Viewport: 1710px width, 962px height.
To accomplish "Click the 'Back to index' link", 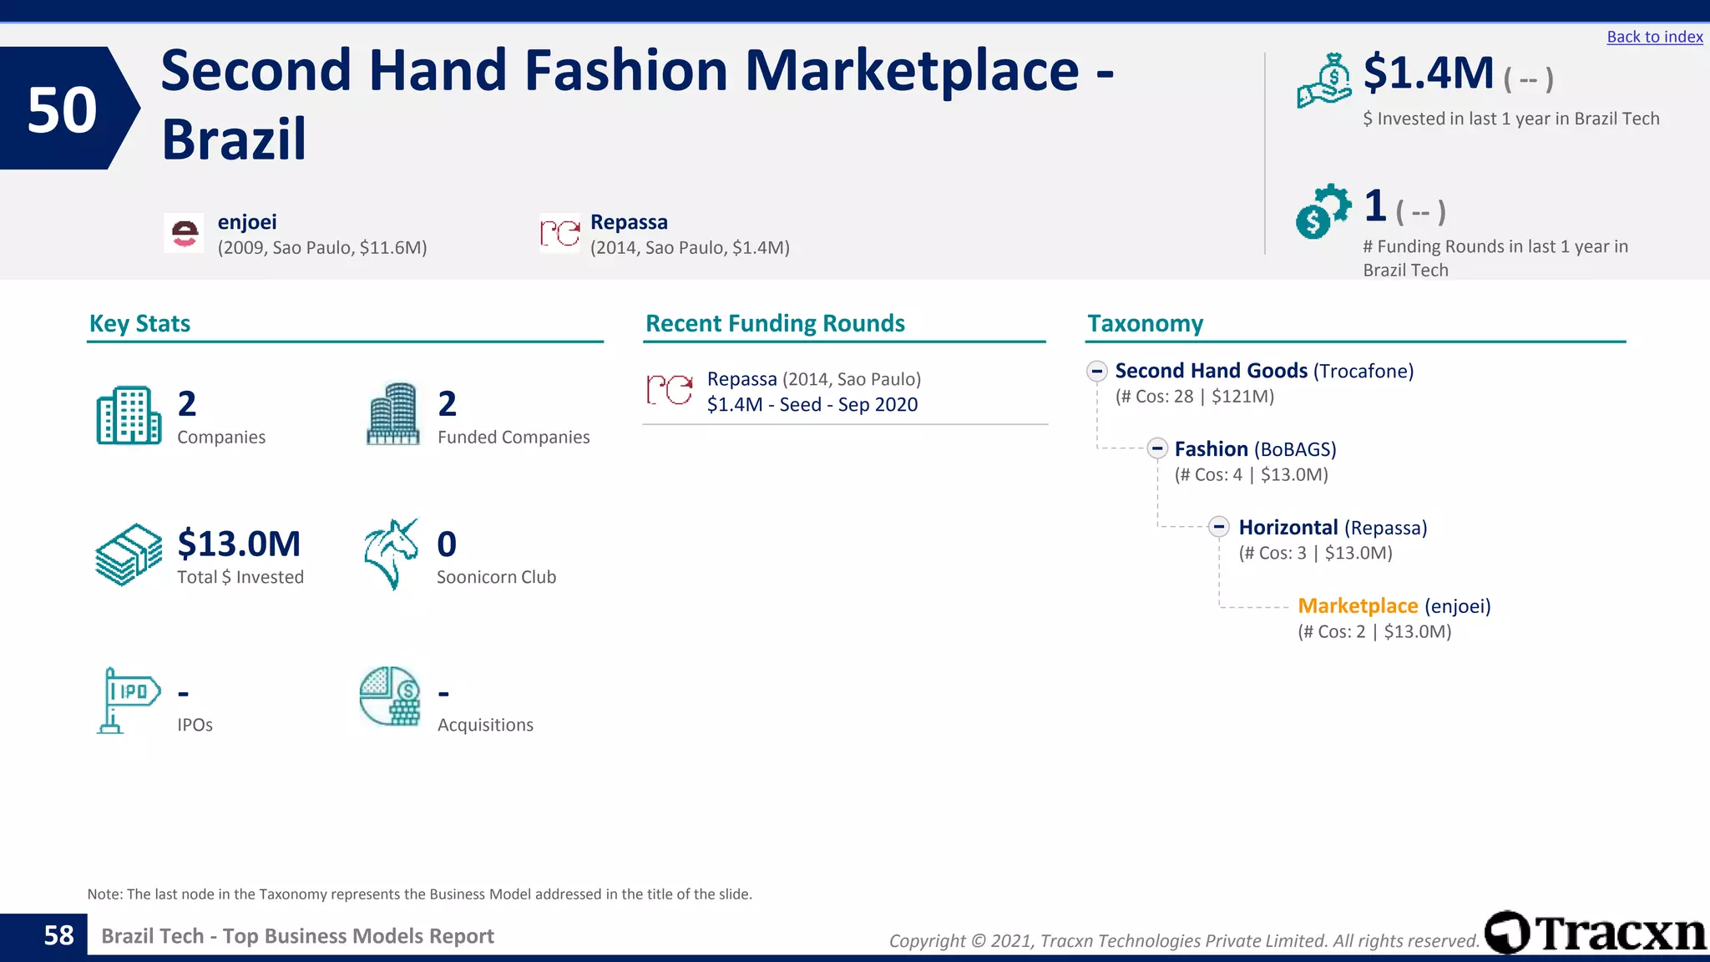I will [x=1654, y=37].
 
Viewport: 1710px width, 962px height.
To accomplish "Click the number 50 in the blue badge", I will [x=62, y=109].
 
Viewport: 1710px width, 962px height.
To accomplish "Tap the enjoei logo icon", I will [x=184, y=233].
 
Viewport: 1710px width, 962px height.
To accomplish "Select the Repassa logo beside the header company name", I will [x=559, y=233].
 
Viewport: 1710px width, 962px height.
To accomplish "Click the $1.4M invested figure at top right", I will [x=1428, y=73].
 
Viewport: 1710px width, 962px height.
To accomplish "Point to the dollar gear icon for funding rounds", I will [x=1322, y=211].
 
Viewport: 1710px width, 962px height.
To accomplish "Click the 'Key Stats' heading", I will [x=139, y=323].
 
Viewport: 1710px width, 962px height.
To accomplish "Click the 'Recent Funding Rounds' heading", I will [x=775, y=323].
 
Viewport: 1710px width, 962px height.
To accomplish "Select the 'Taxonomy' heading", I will [x=1145, y=323].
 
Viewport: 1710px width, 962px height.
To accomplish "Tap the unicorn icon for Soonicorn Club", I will [x=391, y=554].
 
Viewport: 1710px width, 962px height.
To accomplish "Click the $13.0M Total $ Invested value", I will [x=239, y=544].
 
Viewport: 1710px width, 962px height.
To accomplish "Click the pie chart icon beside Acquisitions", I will [x=390, y=696].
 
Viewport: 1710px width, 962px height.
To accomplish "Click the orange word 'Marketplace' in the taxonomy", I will [x=1358, y=605].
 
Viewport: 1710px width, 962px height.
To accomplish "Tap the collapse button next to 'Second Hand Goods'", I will [x=1097, y=371].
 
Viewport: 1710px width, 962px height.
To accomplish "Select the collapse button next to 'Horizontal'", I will [x=1219, y=527].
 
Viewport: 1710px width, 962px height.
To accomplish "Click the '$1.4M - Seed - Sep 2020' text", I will [x=812, y=405].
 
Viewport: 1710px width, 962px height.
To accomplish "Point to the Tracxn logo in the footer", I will [x=1596, y=933].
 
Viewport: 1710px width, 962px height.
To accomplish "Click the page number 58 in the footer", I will [x=58, y=935].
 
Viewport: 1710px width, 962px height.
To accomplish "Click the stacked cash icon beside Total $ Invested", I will [x=128, y=554].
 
